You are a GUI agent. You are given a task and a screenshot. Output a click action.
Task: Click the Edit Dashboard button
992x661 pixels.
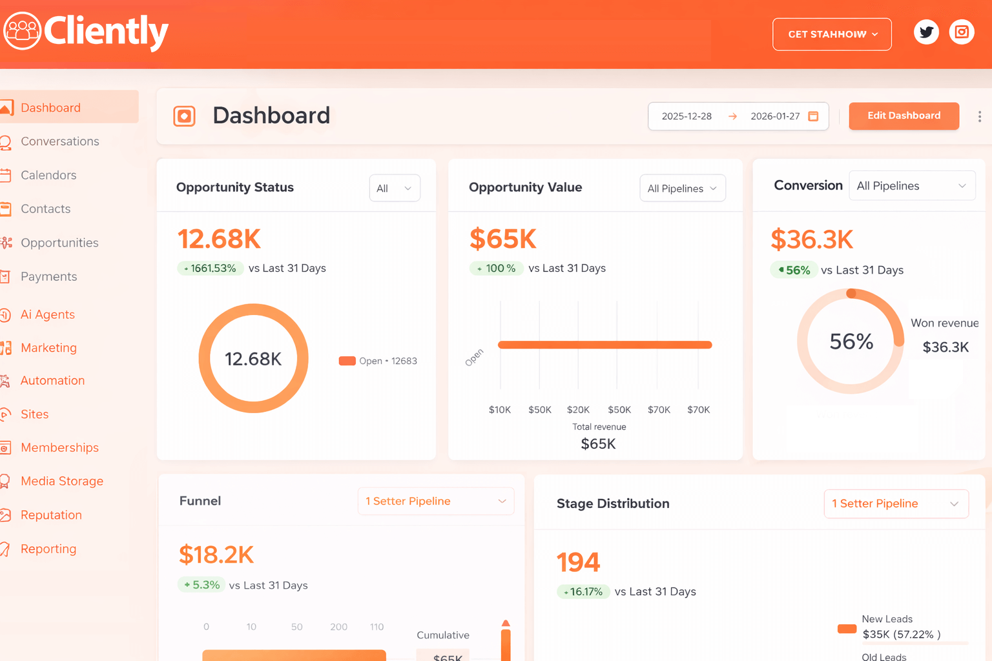[904, 116]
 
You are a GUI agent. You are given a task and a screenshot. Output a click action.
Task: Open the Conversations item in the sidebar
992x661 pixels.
[59, 141]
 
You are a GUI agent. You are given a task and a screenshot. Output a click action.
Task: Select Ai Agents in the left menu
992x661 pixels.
[48, 314]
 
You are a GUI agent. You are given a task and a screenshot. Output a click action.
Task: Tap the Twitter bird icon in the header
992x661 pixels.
[926, 32]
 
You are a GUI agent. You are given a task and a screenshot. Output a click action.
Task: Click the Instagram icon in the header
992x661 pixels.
[962, 32]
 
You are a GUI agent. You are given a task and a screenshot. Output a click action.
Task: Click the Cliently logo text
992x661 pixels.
[106, 31]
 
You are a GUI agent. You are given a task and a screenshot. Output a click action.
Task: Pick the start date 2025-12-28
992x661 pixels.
[687, 116]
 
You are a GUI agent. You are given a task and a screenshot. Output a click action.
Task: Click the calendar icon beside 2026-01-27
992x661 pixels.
[814, 116]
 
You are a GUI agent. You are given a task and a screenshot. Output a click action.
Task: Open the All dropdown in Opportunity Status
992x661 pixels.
[395, 188]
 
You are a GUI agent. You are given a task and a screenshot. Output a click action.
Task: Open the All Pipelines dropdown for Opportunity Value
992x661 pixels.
[682, 188]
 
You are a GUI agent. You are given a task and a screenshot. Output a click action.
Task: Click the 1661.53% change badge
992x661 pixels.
[211, 269]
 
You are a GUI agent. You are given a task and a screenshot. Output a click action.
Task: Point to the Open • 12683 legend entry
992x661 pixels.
[378, 361]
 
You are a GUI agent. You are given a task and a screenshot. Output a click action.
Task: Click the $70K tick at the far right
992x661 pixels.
[698, 410]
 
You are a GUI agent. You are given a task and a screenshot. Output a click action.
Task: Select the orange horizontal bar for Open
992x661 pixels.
[604, 345]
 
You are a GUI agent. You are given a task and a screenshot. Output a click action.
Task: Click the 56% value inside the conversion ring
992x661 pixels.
[851, 341]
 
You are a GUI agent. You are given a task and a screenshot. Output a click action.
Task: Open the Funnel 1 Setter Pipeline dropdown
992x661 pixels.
[436, 502]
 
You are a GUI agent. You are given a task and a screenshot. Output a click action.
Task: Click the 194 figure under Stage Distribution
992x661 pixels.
[579, 562]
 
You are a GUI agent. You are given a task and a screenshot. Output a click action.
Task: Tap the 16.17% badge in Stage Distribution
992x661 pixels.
[583, 592]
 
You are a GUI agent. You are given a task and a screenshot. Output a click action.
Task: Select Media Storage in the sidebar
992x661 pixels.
[62, 481]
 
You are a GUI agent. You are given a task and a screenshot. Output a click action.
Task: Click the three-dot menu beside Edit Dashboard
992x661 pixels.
[980, 116]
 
